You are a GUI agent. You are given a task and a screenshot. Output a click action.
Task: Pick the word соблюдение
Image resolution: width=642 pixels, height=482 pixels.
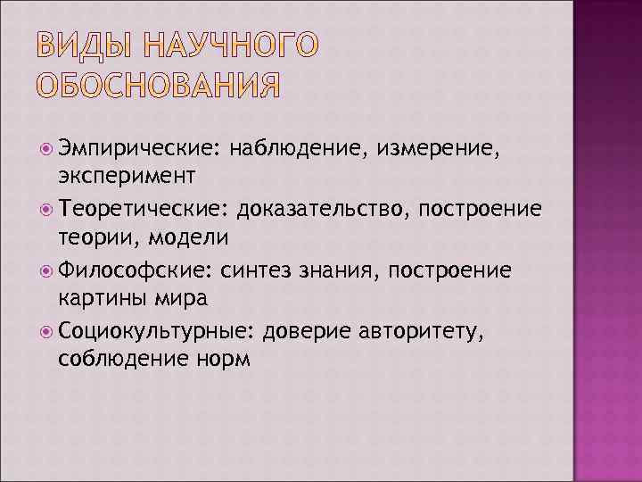[x=111, y=360]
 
